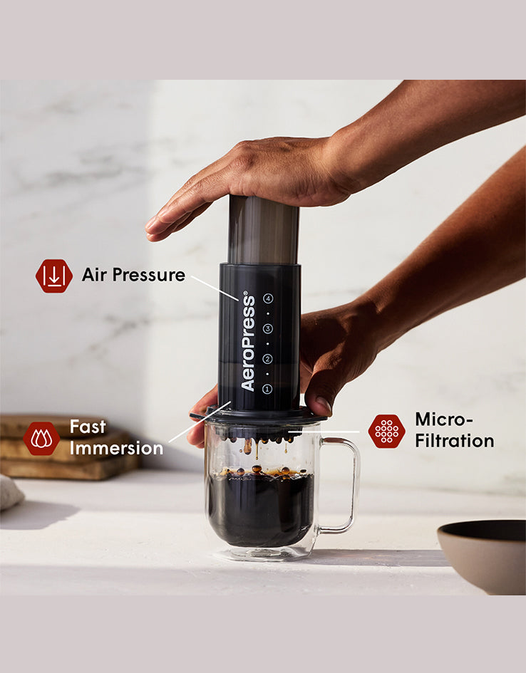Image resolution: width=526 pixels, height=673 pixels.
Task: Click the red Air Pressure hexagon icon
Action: [x=54, y=276]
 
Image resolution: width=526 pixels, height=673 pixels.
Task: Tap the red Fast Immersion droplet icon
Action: [x=41, y=439]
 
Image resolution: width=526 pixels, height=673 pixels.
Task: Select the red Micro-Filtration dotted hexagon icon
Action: [x=386, y=431]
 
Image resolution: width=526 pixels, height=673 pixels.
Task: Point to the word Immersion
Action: [x=116, y=449]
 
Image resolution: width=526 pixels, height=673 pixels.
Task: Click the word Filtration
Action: [x=454, y=441]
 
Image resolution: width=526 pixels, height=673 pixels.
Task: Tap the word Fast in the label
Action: [x=88, y=427]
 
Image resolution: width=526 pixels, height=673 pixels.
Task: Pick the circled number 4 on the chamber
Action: [x=267, y=299]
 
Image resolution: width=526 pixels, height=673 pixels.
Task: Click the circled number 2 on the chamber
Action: [x=267, y=359]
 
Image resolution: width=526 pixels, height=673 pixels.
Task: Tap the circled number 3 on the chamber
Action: [x=267, y=329]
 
